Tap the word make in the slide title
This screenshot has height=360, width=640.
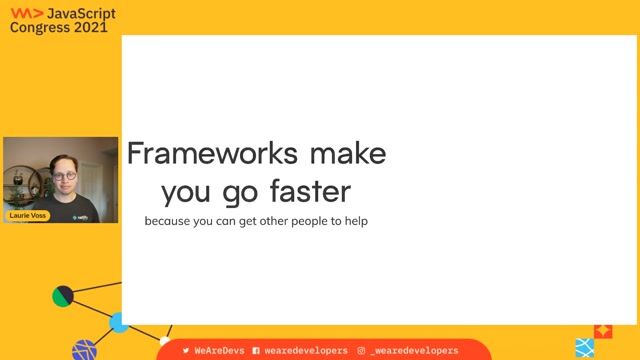(x=347, y=154)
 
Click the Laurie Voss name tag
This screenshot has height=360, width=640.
(x=28, y=215)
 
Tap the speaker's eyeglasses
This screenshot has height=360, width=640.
(x=66, y=177)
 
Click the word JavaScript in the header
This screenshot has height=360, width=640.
(x=82, y=12)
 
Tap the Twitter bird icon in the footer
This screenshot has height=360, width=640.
(x=185, y=351)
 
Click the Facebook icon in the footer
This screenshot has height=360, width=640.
(x=256, y=351)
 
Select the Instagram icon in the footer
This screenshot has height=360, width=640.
(x=361, y=351)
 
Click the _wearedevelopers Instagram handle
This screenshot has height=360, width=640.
(x=414, y=351)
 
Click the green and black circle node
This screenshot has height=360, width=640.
(x=63, y=296)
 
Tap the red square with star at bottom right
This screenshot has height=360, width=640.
(x=603, y=331)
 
